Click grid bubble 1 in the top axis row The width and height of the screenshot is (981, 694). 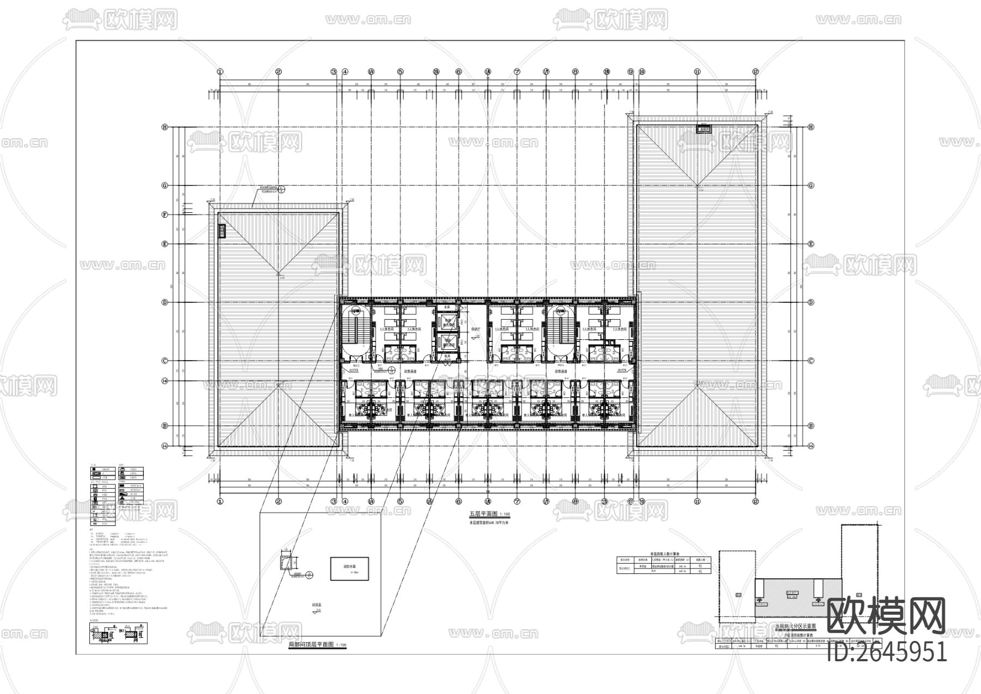pyautogui.click(x=220, y=71)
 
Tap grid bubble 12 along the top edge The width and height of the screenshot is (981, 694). pyautogui.click(x=755, y=71)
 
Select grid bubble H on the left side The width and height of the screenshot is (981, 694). pyautogui.click(x=164, y=127)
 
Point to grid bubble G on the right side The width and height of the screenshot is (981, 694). pyautogui.click(x=811, y=186)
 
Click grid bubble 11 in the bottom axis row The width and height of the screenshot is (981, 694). pyautogui.click(x=697, y=501)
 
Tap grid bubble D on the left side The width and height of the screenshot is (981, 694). pyautogui.click(x=164, y=302)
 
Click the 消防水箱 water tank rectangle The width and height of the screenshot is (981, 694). pyautogui.click(x=350, y=569)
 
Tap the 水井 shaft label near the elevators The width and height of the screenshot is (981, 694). pyautogui.click(x=447, y=307)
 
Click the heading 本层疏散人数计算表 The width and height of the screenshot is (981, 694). pyautogui.click(x=661, y=553)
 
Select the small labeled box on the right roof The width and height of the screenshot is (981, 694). pyautogui.click(x=704, y=129)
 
